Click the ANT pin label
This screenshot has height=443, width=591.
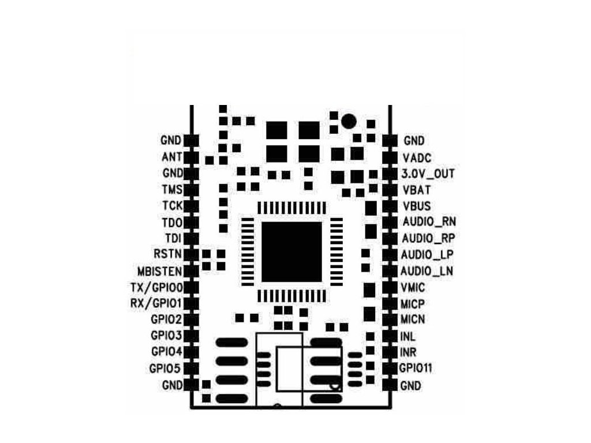(173, 156)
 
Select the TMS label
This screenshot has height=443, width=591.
(173, 189)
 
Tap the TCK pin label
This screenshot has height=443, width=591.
(173, 205)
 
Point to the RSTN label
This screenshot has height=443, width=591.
(168, 253)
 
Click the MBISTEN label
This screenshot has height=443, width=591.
(160, 271)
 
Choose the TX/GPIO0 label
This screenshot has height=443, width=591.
(157, 287)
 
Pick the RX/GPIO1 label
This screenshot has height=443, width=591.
(157, 303)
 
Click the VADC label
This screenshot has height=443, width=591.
(417, 157)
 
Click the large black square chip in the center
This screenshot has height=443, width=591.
(291, 251)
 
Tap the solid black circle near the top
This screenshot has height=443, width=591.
(348, 121)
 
